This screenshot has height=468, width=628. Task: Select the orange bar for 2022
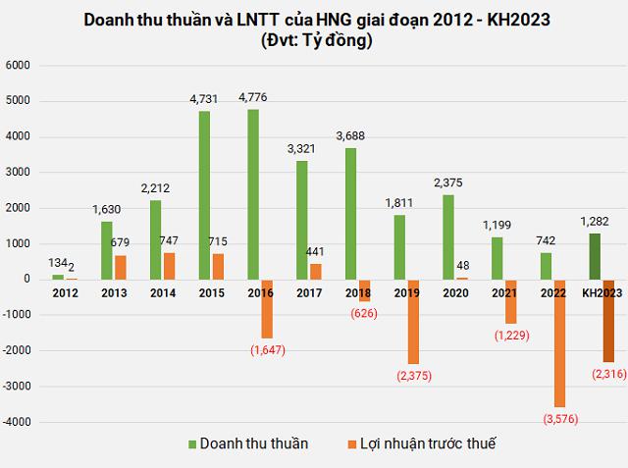click(x=560, y=342)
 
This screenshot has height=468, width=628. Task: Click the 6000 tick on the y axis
click(x=20, y=65)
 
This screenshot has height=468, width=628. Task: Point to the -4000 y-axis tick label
click(x=18, y=421)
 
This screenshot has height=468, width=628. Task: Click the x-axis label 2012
click(x=65, y=292)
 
